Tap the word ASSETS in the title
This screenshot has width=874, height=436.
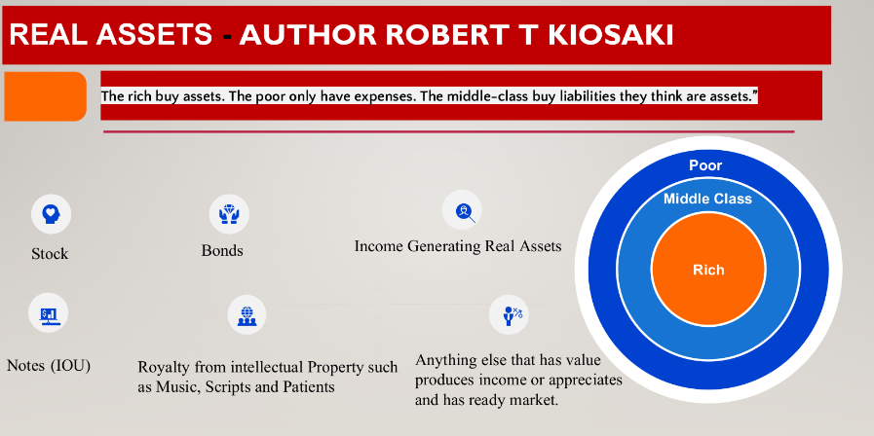pyautogui.click(x=159, y=35)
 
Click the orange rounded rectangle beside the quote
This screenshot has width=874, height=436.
pyautogui.click(x=45, y=95)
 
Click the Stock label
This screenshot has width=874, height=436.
pyautogui.click(x=50, y=253)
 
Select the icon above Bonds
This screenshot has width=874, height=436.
pyautogui.click(x=229, y=211)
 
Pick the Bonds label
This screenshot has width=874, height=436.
pyautogui.click(x=222, y=250)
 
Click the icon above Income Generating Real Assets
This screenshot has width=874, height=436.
pyautogui.click(x=462, y=209)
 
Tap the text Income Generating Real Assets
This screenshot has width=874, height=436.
pyautogui.click(x=458, y=246)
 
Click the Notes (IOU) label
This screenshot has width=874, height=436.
pyautogui.click(x=49, y=366)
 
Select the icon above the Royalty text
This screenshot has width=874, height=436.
pyautogui.click(x=246, y=314)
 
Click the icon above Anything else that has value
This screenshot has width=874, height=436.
pyautogui.click(x=509, y=313)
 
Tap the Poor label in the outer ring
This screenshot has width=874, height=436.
pyautogui.click(x=705, y=165)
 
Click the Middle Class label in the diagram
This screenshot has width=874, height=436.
pyautogui.click(x=707, y=200)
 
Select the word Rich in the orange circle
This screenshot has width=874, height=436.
pyautogui.click(x=708, y=270)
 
